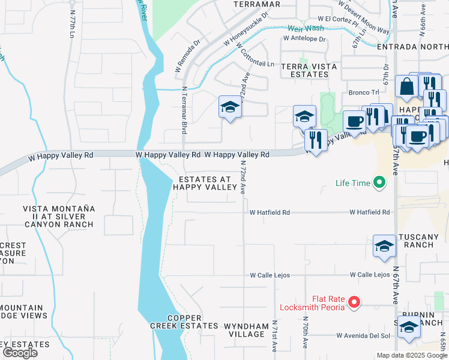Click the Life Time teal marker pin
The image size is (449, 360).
click(379, 182)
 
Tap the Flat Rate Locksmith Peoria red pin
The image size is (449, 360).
click(355, 302)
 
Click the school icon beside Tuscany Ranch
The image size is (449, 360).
click(384, 246)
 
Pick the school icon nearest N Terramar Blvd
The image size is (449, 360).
click(229, 108)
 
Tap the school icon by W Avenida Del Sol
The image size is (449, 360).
click(409, 327)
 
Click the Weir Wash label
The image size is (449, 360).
click(306, 28)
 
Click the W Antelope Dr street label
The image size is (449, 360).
click(306, 39)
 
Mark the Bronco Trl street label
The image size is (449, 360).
click(364, 92)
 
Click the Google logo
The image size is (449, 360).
click(20, 353)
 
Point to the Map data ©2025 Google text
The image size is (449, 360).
click(411, 355)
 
